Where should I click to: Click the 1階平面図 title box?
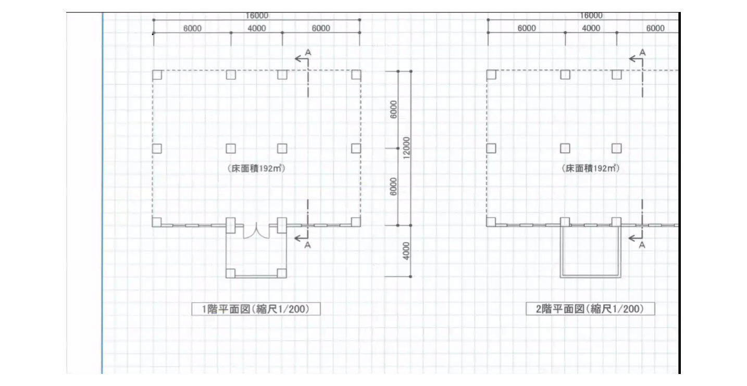[x=256, y=309]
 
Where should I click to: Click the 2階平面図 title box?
[x=590, y=309]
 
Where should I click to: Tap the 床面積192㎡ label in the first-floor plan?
[x=256, y=168]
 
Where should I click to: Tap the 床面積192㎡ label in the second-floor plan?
[x=591, y=168]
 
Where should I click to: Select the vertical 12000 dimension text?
[x=406, y=148]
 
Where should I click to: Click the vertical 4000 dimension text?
[x=406, y=251]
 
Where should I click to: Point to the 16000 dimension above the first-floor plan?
[x=257, y=16]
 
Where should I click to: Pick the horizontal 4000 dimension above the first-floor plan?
[x=256, y=28]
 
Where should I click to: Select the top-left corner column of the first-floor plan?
[x=157, y=74]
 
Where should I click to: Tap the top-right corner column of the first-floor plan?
[x=356, y=74]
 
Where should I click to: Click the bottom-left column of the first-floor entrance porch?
[x=230, y=273]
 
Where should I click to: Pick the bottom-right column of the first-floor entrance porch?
[x=282, y=273]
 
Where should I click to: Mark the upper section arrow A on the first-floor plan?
[x=303, y=57]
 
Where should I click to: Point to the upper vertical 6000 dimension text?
[x=393, y=109]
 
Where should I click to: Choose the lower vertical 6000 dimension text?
[x=393, y=186]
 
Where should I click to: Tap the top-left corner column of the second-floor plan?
[x=491, y=74]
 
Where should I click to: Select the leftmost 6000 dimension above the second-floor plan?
[x=527, y=28]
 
